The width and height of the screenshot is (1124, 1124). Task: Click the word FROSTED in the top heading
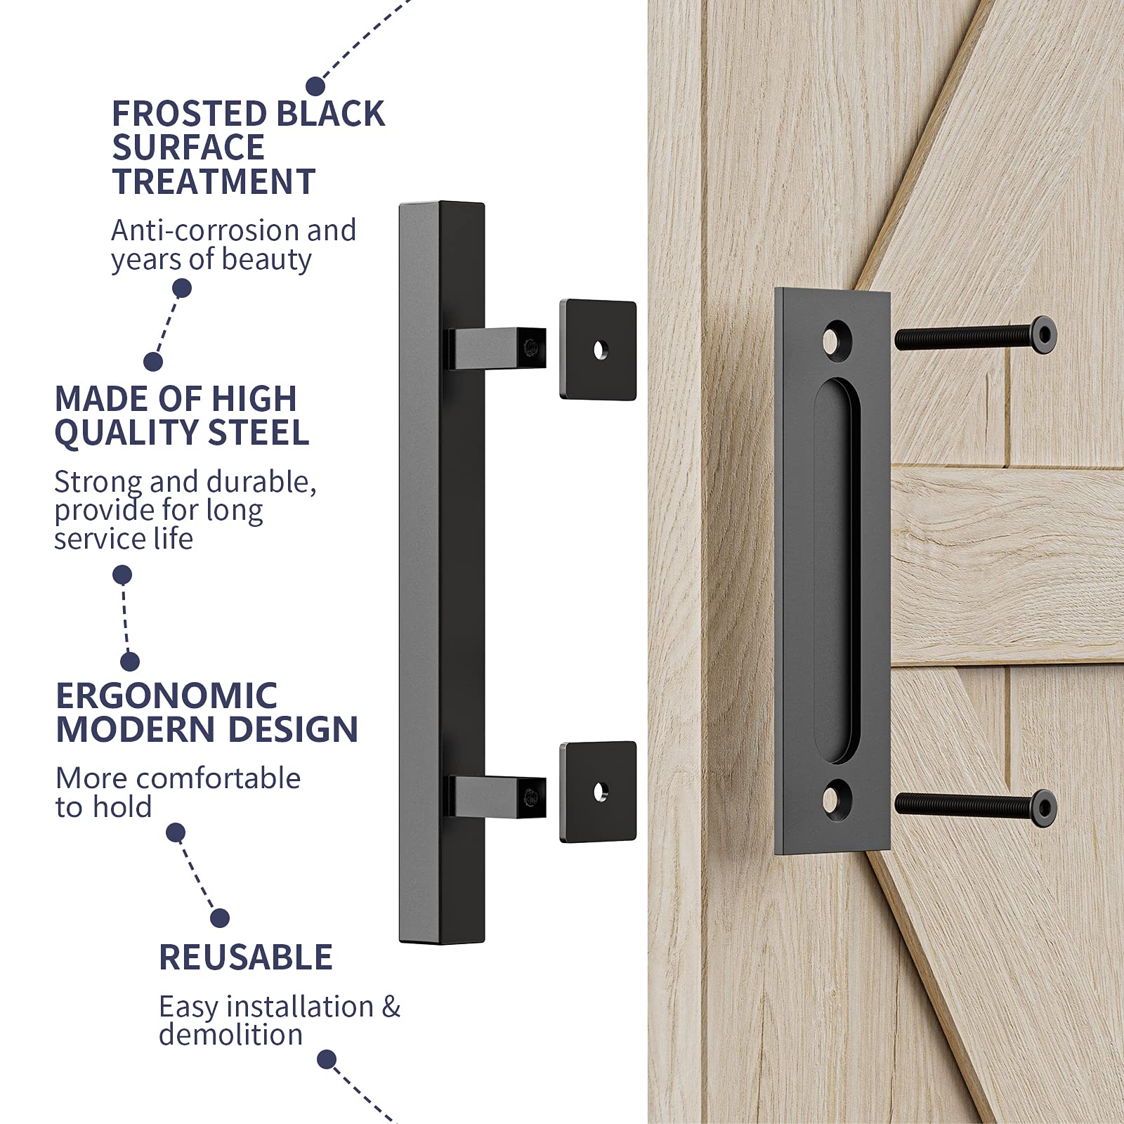pos(188,114)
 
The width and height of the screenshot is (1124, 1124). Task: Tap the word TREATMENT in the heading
pos(214,182)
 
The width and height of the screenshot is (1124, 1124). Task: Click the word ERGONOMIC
pos(166,696)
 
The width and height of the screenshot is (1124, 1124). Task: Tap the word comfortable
pos(218,778)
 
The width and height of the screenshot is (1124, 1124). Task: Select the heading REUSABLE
pos(245,957)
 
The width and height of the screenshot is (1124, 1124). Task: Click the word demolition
pos(230,1035)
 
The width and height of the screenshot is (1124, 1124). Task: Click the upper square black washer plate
pos(598,350)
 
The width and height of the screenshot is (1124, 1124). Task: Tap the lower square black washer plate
pos(598,792)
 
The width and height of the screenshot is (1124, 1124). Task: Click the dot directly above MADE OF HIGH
pos(153,361)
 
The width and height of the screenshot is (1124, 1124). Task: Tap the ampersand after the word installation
pos(391,1007)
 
